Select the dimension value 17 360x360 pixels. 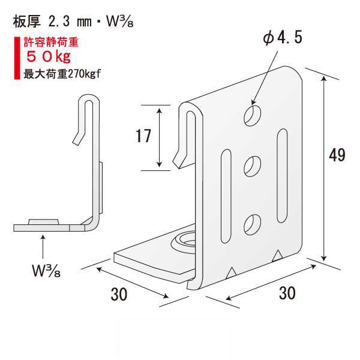143,137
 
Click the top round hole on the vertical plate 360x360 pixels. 253,115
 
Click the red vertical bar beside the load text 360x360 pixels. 16,59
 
